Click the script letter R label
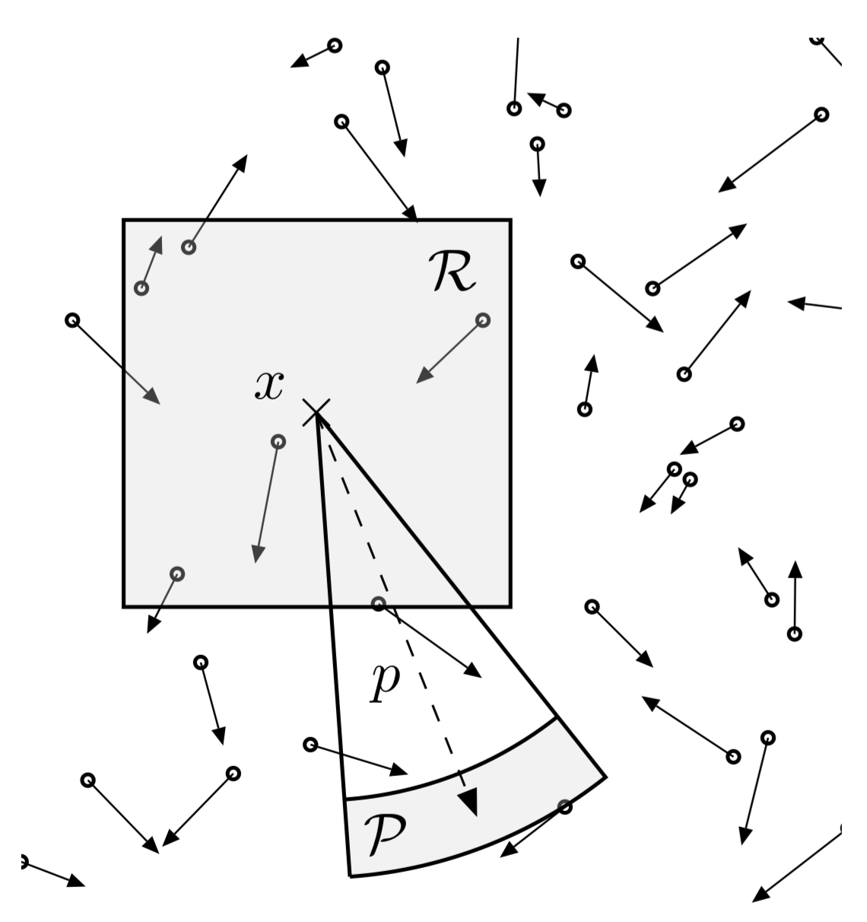[x=453, y=273]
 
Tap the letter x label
[x=269, y=386]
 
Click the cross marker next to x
[x=316, y=412]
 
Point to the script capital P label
[x=385, y=832]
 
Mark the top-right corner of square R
[x=510, y=220]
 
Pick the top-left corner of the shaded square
[x=124, y=220]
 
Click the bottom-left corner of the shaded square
[x=124, y=606]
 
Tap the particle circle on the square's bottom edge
[x=379, y=604]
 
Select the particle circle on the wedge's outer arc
[x=564, y=807]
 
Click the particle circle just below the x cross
[x=278, y=441]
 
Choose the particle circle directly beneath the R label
[x=483, y=320]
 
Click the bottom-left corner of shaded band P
[x=350, y=876]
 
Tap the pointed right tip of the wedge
[x=605, y=777]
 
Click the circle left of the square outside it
[x=73, y=320]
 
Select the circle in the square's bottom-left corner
[x=177, y=574]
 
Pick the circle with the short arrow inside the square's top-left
[x=141, y=288]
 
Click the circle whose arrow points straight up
[x=795, y=633]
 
